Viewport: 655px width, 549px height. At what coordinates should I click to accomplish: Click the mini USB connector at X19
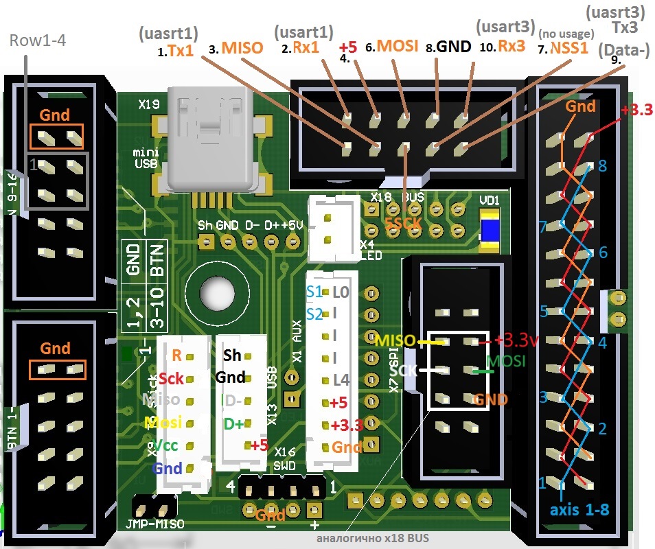pyautogui.click(x=213, y=141)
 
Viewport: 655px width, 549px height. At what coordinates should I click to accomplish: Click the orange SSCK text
pyautogui.click(x=403, y=224)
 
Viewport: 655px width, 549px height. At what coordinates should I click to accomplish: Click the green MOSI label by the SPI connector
pyautogui.click(x=506, y=360)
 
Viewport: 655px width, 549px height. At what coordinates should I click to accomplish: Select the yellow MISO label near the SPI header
pyautogui.click(x=395, y=340)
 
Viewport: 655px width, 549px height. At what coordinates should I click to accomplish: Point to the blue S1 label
pyautogui.click(x=314, y=292)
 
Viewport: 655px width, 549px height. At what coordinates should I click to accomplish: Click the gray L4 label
pyautogui.click(x=341, y=379)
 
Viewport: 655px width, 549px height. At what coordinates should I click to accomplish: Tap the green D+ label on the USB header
pyautogui.click(x=233, y=424)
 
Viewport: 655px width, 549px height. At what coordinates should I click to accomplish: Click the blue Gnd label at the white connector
pyautogui.click(x=168, y=469)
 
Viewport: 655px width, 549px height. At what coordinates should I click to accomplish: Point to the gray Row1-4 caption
pyautogui.click(x=37, y=40)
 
